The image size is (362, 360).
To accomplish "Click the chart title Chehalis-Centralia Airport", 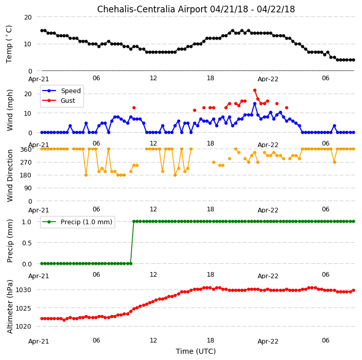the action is coord(152,9).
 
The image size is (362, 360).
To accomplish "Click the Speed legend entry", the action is coord(61,91).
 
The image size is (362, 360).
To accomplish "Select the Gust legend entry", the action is coord(59,101).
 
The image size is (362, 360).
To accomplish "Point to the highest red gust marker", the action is coord(255,91).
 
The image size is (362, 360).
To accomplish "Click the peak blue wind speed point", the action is coord(255,104).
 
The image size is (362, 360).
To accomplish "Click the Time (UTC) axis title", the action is coord(196,351).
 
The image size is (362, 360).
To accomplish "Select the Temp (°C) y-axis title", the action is coord(9,44).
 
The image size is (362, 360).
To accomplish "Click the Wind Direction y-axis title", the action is coord(10,176).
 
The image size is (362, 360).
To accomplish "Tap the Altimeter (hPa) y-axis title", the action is coord(10,307).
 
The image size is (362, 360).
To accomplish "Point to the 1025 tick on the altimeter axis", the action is coord(23,308).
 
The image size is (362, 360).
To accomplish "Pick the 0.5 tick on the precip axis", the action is coord(27,243).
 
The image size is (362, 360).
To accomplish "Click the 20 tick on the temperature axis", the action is coord(28,17).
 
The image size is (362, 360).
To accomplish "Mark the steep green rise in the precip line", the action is coord(132,242).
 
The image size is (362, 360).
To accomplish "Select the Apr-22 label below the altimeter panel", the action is coord(268,341).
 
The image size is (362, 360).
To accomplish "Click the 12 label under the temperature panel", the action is coord(153,78).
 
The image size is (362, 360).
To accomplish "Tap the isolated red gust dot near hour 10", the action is coord(134,108).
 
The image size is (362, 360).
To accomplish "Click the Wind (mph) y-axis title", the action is coord(10,111).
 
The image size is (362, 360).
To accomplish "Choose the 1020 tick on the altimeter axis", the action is coord(23,327).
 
